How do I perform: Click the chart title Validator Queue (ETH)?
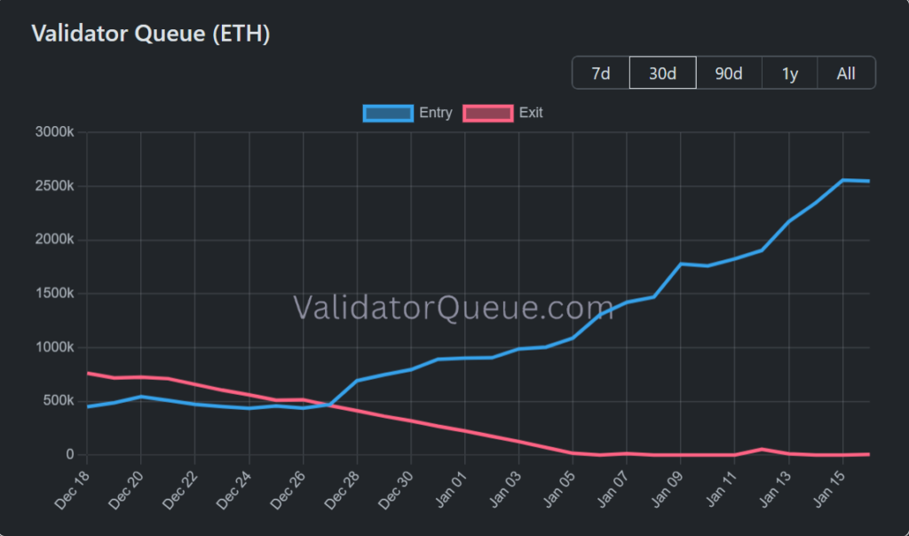coord(150,35)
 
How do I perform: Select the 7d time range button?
coord(601,73)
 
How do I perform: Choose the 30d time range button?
coord(662,73)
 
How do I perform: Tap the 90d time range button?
coord(729,73)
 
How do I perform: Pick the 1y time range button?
coord(790,73)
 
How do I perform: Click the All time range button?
coord(846,73)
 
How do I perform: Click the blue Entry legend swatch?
coord(388,113)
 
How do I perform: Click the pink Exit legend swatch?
coord(488,113)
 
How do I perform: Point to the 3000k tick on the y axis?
coord(54,132)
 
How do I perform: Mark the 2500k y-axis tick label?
coord(54,186)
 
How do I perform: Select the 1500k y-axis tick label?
coord(54,294)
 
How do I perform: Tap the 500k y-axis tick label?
coord(58,401)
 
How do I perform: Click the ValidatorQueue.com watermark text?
coord(454,307)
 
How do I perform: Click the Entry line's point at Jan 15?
coord(842,180)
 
